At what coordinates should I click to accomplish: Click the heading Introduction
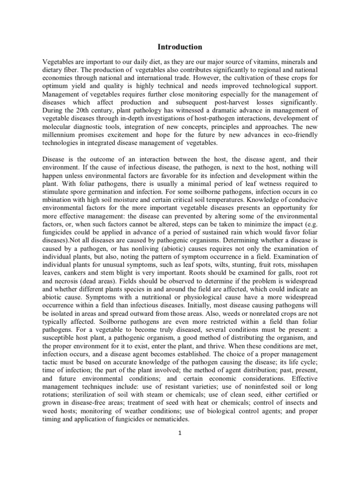click(x=180, y=47)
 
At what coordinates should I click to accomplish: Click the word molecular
click(x=60, y=129)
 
